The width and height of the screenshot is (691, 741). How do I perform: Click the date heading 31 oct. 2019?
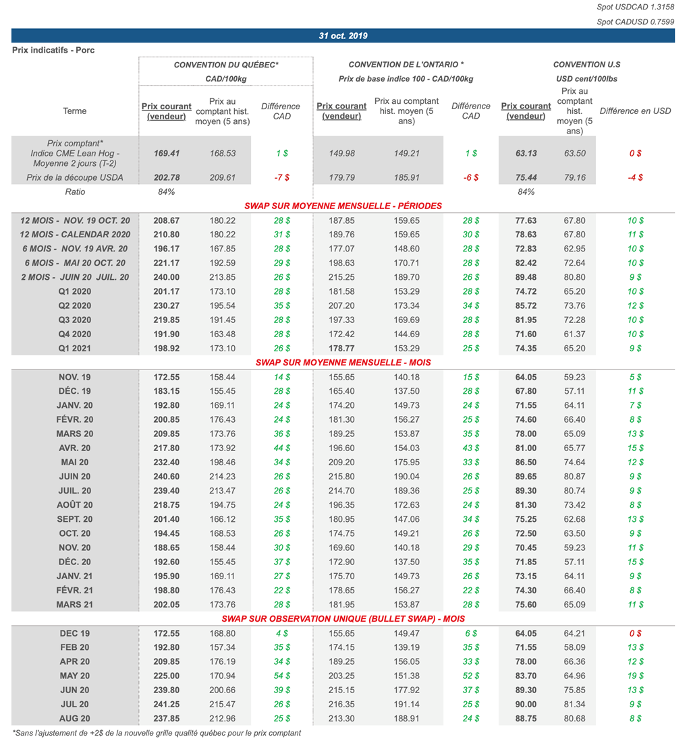click(343, 36)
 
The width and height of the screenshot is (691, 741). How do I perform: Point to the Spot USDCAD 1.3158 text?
click(635, 7)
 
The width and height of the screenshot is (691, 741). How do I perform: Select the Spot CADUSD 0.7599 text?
click(635, 22)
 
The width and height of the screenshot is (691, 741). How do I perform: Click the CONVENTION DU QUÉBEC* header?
click(226, 65)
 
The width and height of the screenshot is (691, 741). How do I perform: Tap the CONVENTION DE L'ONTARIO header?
click(406, 65)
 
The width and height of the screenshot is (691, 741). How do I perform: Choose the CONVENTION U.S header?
click(586, 65)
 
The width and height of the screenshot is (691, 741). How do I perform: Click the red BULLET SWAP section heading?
click(343, 618)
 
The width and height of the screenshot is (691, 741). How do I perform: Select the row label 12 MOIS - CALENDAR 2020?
click(75, 235)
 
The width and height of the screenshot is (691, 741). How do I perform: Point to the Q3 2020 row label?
click(75, 320)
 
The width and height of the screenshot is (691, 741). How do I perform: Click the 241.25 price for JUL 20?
click(167, 705)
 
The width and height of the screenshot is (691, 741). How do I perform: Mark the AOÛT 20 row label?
click(75, 505)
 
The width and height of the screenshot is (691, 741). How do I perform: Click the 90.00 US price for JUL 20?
click(526, 705)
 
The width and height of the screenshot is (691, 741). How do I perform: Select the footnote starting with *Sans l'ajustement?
click(157, 733)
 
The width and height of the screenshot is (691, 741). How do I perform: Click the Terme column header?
click(75, 111)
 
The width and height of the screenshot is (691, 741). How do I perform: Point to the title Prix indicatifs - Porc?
click(53, 51)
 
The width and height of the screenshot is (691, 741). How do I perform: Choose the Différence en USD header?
click(635, 111)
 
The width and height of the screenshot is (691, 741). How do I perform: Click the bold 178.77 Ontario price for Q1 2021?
click(341, 349)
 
